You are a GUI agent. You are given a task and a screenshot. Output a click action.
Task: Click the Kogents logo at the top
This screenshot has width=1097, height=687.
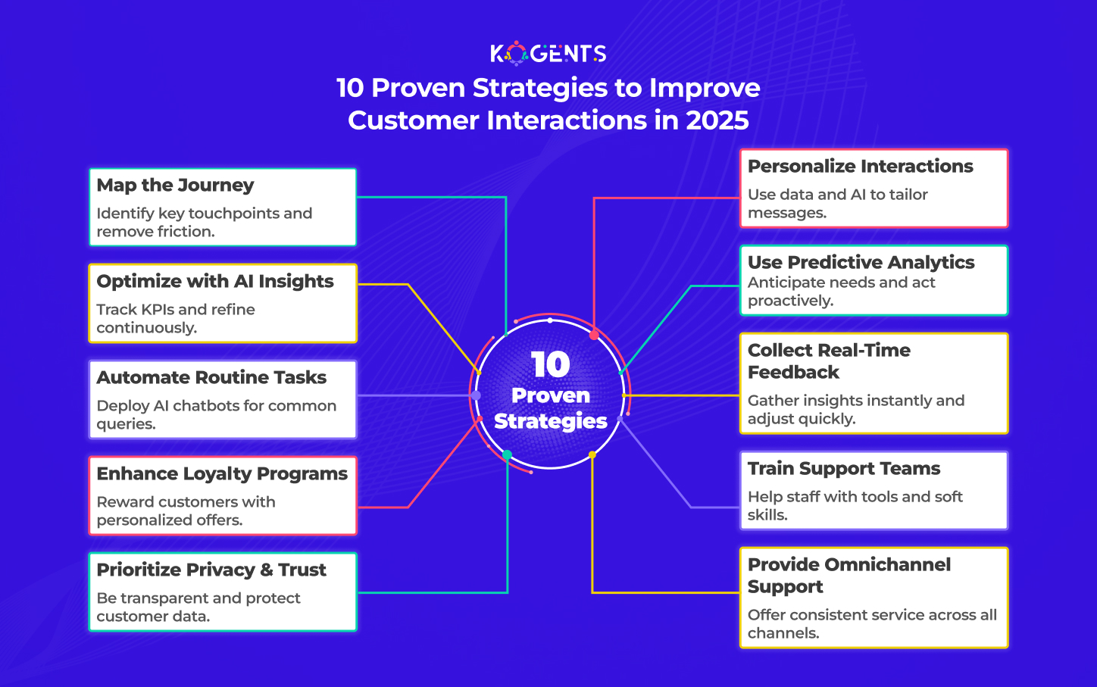coord(548,53)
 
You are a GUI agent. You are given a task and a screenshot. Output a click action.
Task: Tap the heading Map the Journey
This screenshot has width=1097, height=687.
coord(175,185)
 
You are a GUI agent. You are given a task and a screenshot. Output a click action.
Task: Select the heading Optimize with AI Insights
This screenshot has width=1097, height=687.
coord(215,281)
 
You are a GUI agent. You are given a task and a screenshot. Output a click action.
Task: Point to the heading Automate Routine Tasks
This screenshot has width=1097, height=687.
coord(211,377)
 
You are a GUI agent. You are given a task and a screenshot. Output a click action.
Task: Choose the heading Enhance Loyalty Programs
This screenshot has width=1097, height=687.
coord(222,474)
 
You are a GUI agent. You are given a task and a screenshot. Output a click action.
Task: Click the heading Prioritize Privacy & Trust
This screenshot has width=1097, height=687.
coord(211,570)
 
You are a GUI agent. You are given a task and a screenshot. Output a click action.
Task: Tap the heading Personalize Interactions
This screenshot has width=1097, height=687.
coord(861,166)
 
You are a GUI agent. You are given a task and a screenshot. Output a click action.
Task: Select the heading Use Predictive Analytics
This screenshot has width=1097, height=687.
coord(861,263)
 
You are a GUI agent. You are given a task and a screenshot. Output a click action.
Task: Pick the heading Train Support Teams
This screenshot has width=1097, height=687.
coord(844,469)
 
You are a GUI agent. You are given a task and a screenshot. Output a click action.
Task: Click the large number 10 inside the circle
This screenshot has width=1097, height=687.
coord(551,365)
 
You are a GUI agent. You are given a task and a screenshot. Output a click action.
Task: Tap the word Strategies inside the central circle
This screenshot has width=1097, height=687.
coord(551,421)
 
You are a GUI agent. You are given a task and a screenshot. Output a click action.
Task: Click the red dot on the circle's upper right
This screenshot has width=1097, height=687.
coord(594,335)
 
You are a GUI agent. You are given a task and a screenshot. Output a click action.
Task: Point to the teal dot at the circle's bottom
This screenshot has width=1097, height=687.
coord(508,455)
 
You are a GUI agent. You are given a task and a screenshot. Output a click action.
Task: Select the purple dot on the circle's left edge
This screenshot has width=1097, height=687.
coord(476,395)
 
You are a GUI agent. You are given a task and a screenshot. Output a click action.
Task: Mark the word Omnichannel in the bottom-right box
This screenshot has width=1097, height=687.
coord(887,564)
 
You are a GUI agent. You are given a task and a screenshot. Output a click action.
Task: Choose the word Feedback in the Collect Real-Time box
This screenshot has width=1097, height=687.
coord(793,373)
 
